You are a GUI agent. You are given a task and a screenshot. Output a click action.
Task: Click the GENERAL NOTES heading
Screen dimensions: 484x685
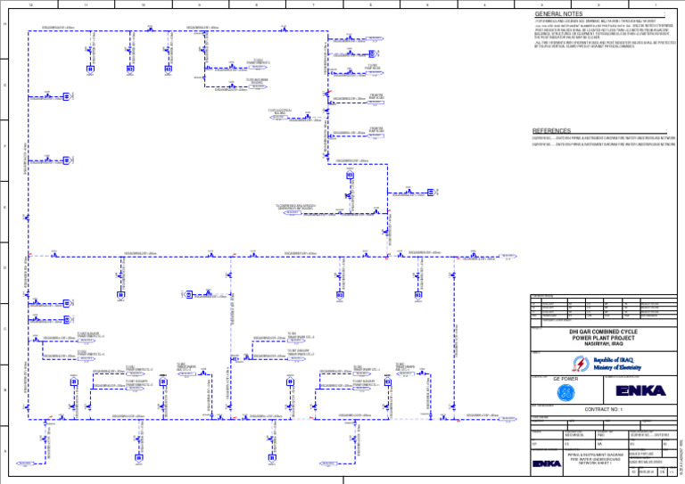click(x=558, y=14)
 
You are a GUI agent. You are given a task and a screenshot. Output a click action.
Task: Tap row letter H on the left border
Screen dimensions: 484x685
click(x=5, y=24)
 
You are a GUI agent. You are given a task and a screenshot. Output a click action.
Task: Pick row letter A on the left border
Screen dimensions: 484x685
click(x=5, y=451)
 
